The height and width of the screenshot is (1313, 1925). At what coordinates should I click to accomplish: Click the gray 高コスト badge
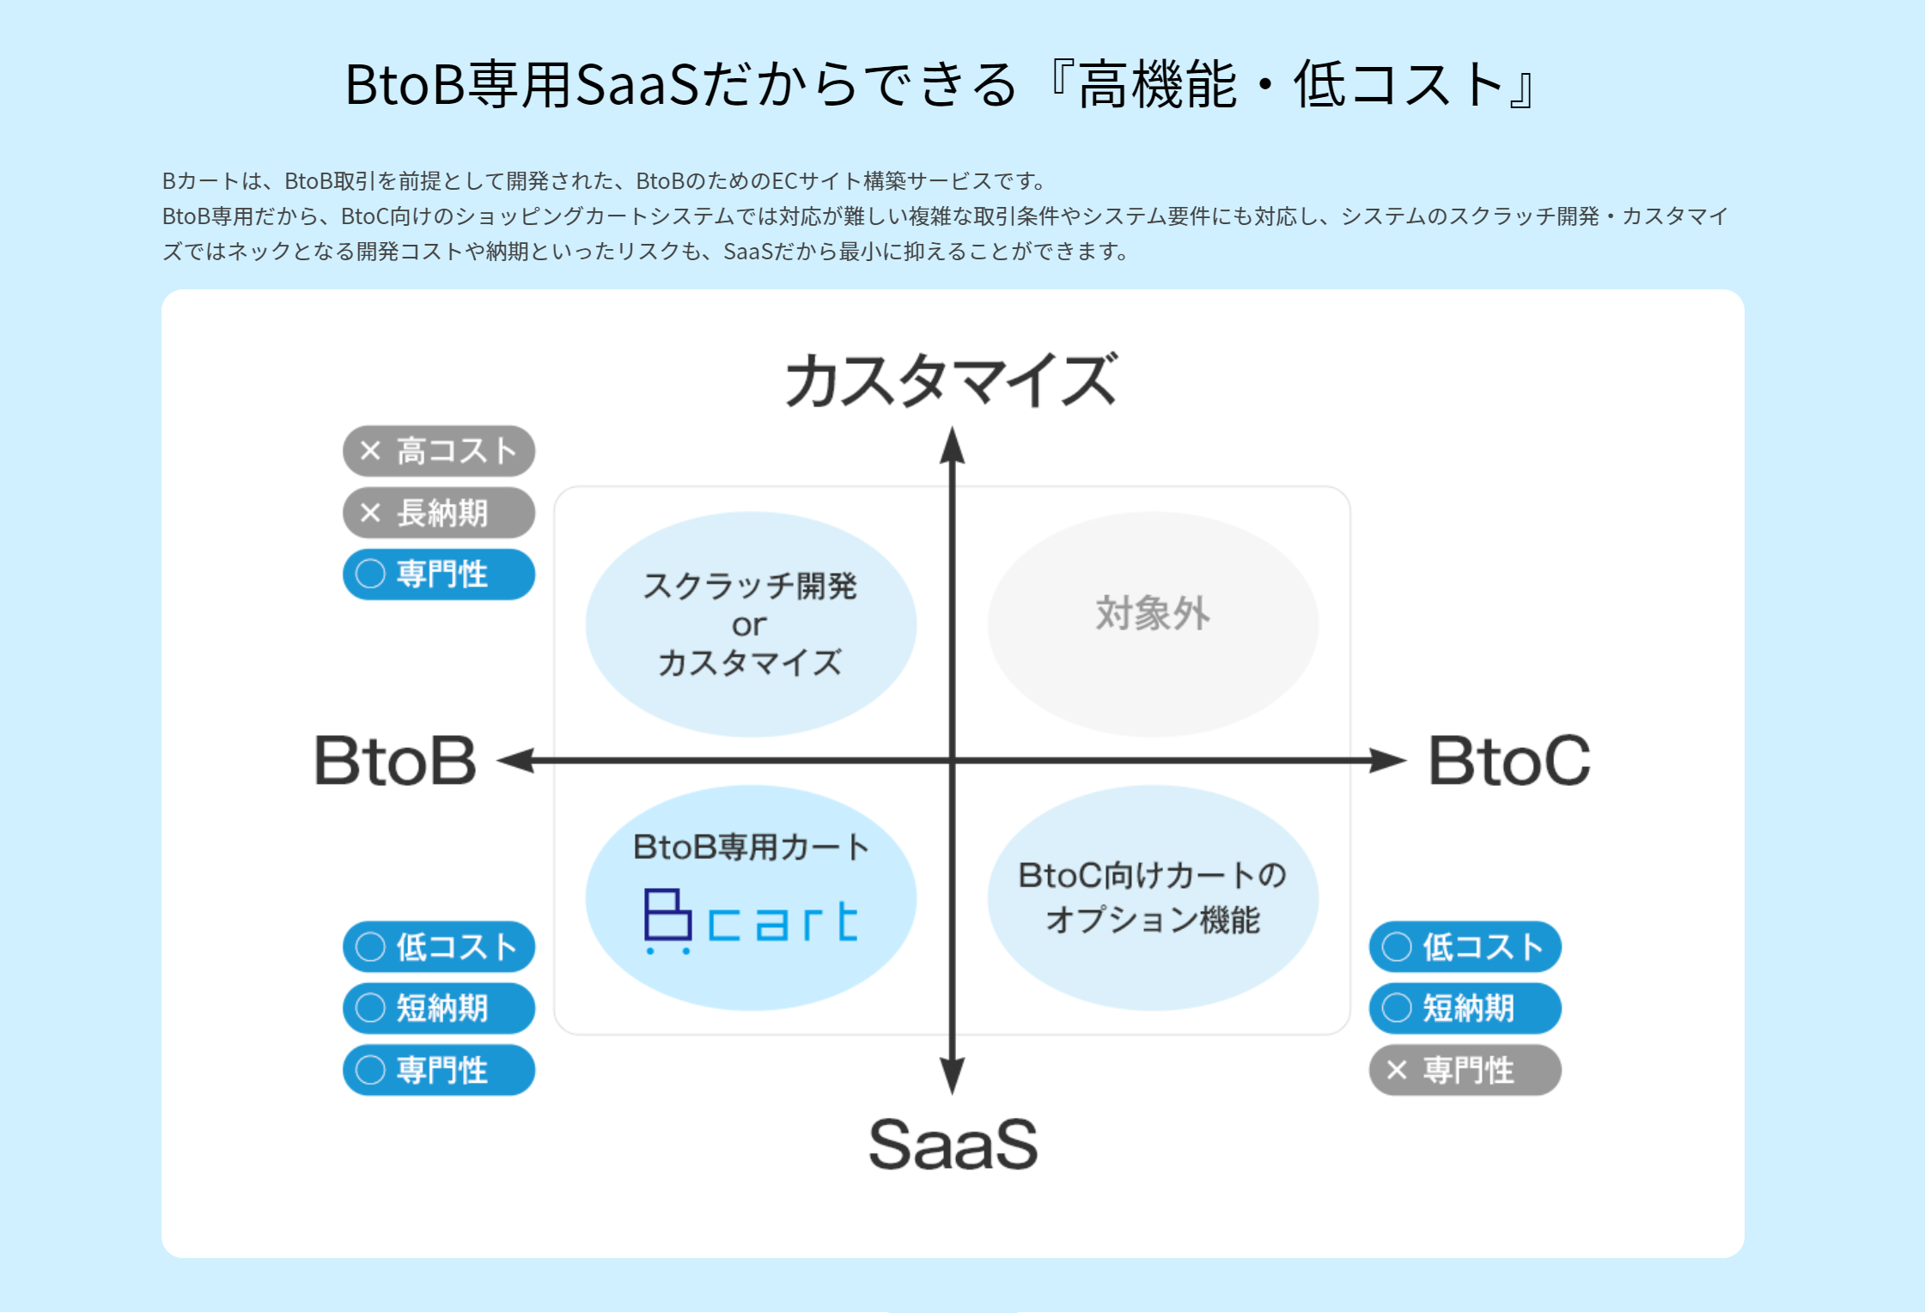[x=438, y=451]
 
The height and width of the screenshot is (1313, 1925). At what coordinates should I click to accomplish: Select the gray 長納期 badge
[x=438, y=513]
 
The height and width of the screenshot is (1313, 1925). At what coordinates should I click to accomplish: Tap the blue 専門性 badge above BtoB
[x=438, y=574]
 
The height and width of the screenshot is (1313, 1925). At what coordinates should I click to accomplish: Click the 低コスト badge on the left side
[x=438, y=946]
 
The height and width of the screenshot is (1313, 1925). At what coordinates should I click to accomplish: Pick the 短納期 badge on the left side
[x=438, y=1008]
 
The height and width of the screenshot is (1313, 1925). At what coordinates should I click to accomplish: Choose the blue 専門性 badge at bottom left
[x=438, y=1070]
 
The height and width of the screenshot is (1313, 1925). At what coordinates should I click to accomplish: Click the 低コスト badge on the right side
[x=1465, y=946]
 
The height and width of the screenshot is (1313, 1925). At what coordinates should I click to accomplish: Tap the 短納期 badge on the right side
[x=1465, y=1008]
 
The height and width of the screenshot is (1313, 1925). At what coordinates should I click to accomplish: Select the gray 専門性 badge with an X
[x=1465, y=1070]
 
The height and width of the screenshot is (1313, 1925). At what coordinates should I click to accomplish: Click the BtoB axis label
[x=395, y=761]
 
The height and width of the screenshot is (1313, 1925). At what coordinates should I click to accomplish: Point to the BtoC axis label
[x=1508, y=761]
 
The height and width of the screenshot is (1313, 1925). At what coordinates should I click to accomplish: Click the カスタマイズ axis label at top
[x=952, y=380]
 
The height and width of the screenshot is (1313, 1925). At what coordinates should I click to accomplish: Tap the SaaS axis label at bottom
[x=953, y=1144]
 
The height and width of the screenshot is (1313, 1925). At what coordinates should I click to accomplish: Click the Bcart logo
[x=751, y=921]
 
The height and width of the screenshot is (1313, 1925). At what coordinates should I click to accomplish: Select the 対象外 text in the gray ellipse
[x=1153, y=614]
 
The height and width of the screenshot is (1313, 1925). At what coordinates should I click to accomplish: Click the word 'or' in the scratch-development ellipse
[x=749, y=625]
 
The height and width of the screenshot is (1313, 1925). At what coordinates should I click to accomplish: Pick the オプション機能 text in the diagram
[x=1153, y=920]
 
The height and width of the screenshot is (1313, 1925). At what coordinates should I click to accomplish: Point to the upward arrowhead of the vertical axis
[x=952, y=445]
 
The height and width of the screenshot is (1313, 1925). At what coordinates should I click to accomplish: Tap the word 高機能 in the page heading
[x=1157, y=86]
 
